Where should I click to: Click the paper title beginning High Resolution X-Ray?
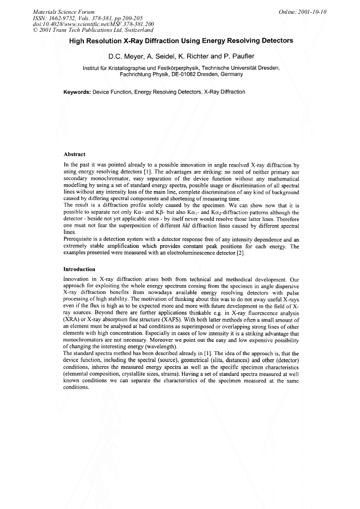[181, 41]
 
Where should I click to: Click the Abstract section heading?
[74, 154]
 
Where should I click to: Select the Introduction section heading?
[79, 269]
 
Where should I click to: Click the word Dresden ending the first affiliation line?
[268, 68]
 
